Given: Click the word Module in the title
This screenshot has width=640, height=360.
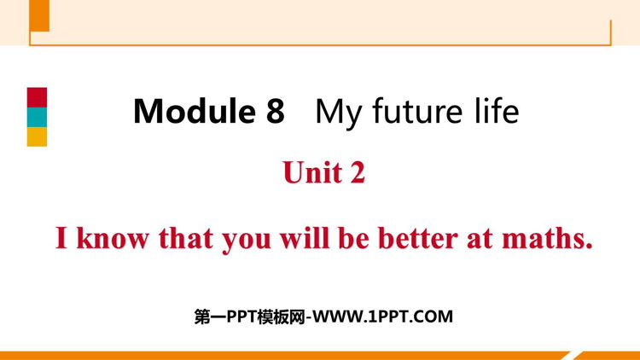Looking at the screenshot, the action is (195, 111).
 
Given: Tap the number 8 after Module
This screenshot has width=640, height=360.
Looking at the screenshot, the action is (275, 111).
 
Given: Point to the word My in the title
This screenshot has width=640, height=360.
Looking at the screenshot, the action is (339, 113).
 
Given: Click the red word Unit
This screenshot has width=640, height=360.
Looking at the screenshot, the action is (312, 172).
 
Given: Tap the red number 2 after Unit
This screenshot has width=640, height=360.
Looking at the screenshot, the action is (358, 172).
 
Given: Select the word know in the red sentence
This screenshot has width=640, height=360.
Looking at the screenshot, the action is (113, 238).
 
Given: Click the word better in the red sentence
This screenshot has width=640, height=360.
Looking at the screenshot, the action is (418, 238).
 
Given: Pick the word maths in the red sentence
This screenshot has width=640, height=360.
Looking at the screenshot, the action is (547, 238).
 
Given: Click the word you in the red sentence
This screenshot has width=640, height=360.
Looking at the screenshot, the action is (247, 241).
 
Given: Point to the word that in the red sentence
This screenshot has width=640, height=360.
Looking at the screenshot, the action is (186, 238).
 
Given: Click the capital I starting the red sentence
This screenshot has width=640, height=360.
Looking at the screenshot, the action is (61, 238).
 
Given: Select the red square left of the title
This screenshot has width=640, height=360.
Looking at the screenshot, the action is (38, 97).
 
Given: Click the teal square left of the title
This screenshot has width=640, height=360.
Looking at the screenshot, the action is (38, 117).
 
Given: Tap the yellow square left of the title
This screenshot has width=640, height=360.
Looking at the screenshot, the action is (38, 136).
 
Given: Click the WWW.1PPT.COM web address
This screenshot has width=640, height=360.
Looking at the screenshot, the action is (382, 316).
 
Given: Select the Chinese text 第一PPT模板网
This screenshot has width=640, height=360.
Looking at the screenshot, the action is (249, 316).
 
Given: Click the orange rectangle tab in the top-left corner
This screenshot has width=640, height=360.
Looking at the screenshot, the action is (39, 15).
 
